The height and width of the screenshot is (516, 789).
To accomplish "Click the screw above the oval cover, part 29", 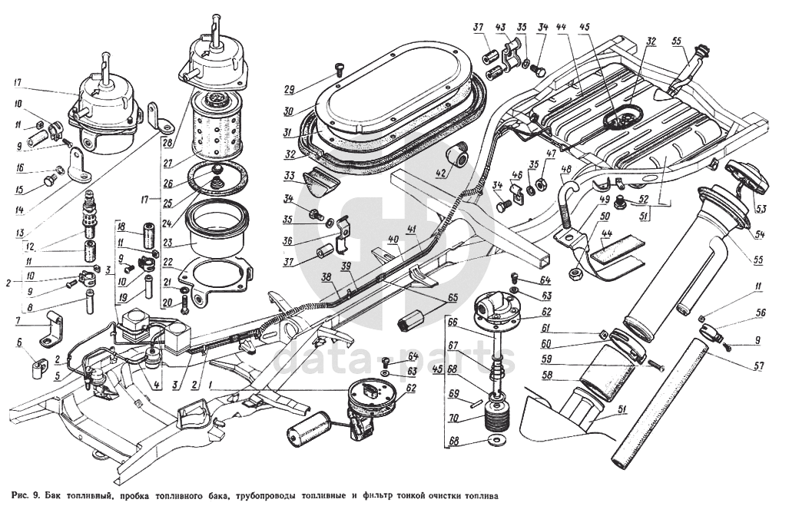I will pos(338,69).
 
